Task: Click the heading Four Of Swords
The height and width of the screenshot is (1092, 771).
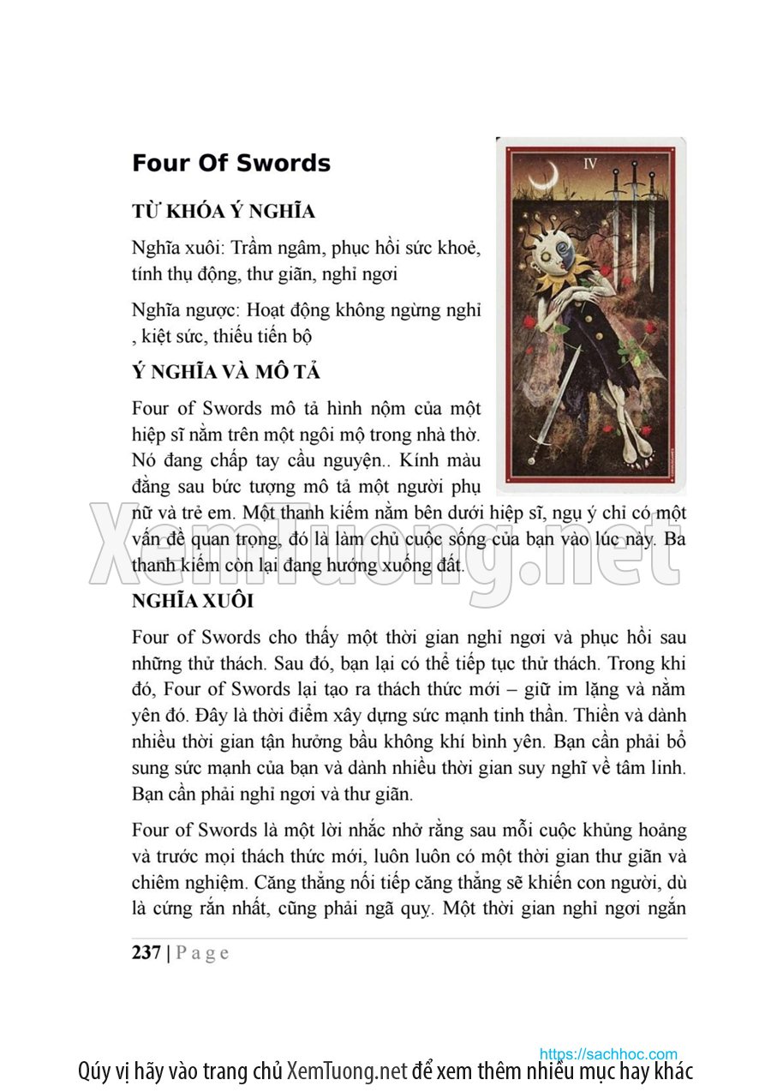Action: click(x=231, y=164)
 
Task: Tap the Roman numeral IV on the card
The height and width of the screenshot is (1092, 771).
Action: click(x=589, y=163)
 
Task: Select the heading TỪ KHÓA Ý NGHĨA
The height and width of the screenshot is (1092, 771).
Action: click(x=224, y=212)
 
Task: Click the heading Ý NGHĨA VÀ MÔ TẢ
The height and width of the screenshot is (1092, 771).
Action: click(x=226, y=373)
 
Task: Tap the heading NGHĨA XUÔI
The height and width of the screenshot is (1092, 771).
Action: click(x=193, y=601)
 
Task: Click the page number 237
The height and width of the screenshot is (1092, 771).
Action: click(x=146, y=952)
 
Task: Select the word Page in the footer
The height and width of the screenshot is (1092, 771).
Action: click(x=202, y=953)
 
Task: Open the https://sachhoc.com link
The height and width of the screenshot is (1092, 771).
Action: click(x=608, y=1054)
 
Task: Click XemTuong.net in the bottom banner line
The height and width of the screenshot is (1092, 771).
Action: click(x=347, y=1071)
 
